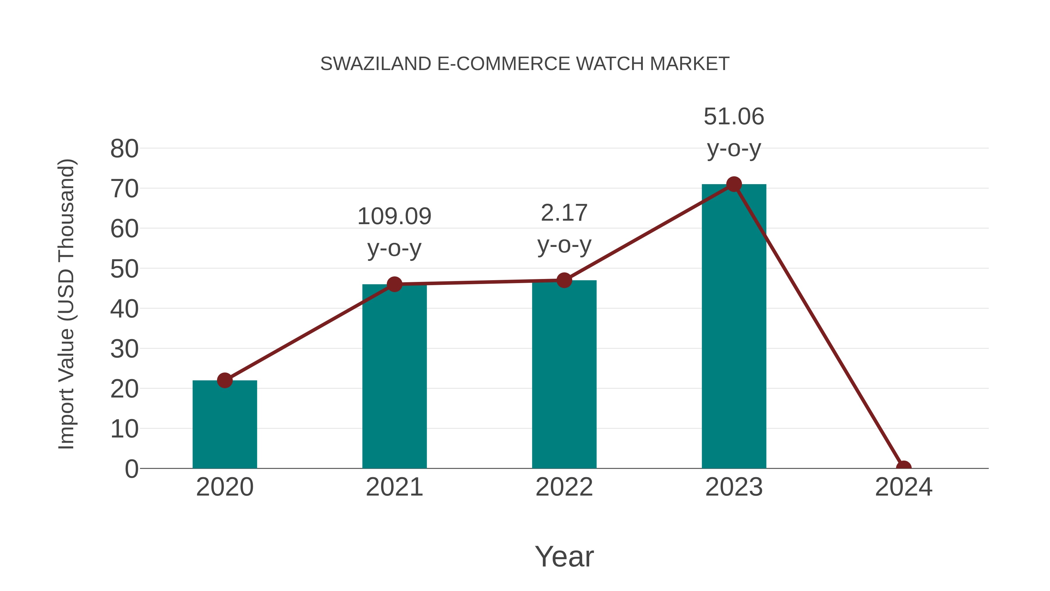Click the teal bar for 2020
coord(225,424)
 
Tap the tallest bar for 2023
coord(734,326)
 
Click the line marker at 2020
coord(225,380)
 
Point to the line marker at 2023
coord(734,184)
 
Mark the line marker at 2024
coord(904,468)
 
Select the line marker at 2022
coord(564,280)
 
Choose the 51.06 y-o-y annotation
coord(734,132)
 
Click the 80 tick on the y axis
coord(124,149)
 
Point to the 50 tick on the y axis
coord(124,269)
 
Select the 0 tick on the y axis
coord(131,469)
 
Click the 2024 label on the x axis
coord(904,487)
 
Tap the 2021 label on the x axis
coord(394,487)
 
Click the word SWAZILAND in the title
coord(375,64)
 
